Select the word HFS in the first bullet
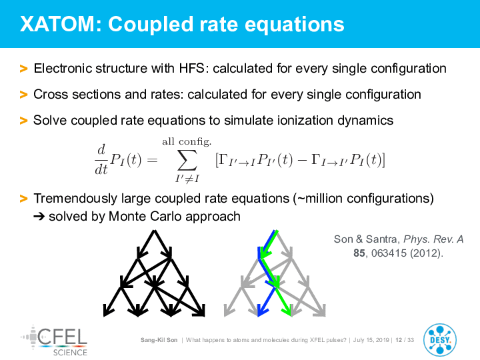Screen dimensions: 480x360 [191, 68]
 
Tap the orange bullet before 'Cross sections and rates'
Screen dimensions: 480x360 [23, 94]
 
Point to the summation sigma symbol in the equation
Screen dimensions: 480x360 [187, 160]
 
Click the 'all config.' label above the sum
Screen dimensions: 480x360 [187, 141]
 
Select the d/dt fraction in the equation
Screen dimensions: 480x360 [101, 159]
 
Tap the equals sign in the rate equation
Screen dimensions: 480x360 [152, 160]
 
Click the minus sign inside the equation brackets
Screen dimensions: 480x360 [302, 160]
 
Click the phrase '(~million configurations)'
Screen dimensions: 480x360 [363, 199]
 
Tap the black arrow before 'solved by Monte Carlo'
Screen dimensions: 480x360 [39, 217]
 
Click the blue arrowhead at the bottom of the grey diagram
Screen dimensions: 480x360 [262, 311]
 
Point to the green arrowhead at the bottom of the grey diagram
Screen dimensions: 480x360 [287, 311]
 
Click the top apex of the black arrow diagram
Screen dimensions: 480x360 [155, 231]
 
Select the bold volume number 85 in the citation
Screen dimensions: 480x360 [359, 253]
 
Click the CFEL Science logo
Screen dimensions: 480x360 [54, 341]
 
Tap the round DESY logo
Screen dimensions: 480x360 [440, 340]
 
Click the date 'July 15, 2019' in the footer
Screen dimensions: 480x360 [371, 340]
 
